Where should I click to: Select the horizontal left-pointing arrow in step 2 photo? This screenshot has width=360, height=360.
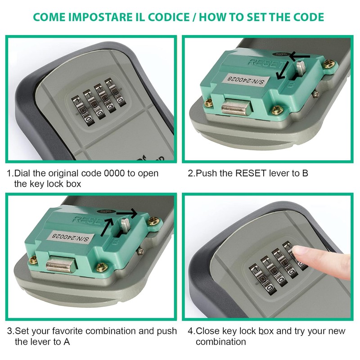pos(300,56)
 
